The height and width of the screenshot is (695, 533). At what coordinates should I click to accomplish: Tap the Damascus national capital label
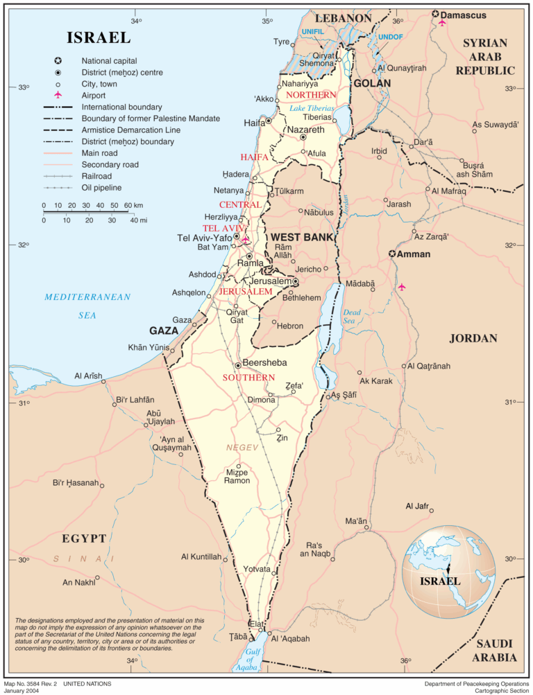(x=463, y=15)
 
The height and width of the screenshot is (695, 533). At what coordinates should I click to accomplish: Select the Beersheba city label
(x=264, y=362)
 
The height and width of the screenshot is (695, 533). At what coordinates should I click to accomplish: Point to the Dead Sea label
(x=352, y=317)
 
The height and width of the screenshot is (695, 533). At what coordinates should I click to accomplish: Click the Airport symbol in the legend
(x=58, y=95)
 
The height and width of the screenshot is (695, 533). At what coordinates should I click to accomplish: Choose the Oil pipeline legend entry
(x=101, y=187)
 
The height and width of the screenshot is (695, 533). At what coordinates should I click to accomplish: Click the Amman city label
(x=414, y=254)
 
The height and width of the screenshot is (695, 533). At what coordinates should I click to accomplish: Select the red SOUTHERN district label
(x=248, y=378)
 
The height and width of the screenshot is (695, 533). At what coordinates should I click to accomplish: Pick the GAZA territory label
(x=164, y=331)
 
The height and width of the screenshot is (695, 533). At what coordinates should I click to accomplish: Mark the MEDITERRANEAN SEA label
(x=87, y=306)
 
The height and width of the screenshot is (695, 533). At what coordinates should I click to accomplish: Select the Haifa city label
(x=255, y=123)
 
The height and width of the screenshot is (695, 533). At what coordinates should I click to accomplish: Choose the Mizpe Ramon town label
(x=238, y=477)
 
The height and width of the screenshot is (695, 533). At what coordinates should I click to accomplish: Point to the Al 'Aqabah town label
(x=290, y=638)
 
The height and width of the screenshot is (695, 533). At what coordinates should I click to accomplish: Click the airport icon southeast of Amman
(x=401, y=287)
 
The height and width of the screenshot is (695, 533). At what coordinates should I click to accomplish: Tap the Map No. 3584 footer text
(x=58, y=684)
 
